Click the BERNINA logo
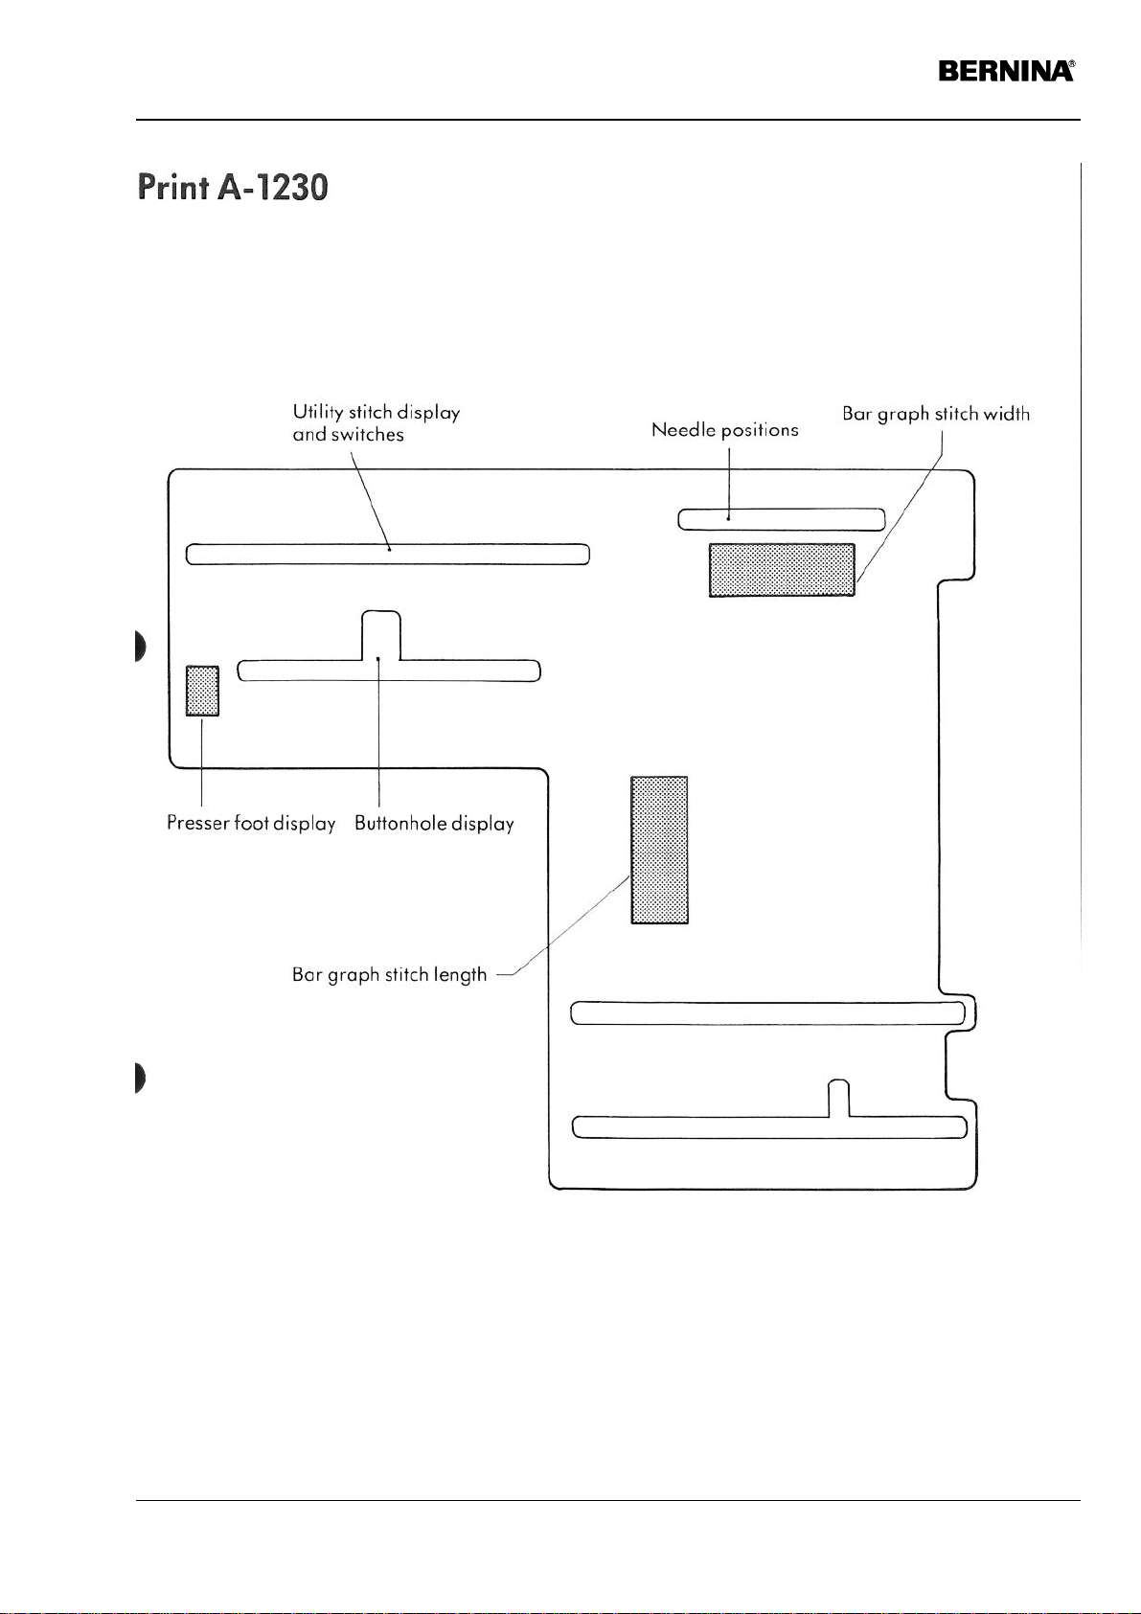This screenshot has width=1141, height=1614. (x=1006, y=72)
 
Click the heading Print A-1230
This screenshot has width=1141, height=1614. (x=234, y=186)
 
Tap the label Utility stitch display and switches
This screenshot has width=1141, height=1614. (x=376, y=423)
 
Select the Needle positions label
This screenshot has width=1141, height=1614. (x=724, y=430)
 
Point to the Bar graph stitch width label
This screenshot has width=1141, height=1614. (x=936, y=414)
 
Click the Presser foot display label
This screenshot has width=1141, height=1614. (x=251, y=823)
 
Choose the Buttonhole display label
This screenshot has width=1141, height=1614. (x=434, y=823)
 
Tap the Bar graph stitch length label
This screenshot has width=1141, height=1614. (x=389, y=975)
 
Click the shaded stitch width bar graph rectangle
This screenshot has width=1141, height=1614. (x=781, y=570)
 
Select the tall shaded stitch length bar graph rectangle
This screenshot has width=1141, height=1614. (x=659, y=850)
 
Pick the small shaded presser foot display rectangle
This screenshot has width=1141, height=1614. (x=202, y=691)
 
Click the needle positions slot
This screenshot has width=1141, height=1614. (x=781, y=519)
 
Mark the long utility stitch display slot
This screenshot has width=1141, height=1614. (x=387, y=555)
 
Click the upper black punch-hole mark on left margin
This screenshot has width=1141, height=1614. (x=140, y=648)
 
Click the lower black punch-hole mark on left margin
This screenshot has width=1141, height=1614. (x=140, y=1078)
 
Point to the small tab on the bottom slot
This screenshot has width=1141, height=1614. (x=838, y=1096)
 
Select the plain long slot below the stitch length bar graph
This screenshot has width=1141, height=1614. (x=766, y=1012)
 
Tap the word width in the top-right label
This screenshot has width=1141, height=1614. (x=1006, y=414)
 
